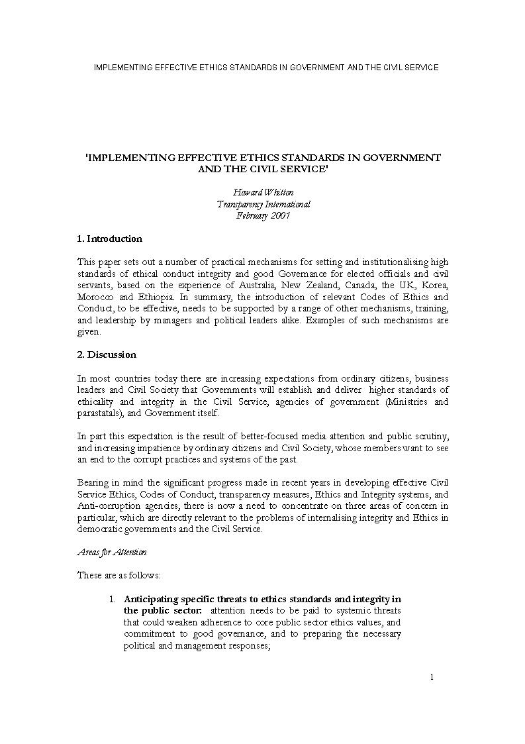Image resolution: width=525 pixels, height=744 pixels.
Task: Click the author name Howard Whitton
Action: [x=263, y=192]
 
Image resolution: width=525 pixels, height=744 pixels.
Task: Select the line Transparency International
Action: [x=263, y=204]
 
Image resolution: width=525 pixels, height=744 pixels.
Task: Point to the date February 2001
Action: [x=263, y=215]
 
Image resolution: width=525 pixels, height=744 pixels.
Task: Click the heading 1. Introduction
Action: [x=110, y=239]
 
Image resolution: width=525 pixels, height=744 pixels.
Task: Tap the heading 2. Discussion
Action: [x=107, y=354]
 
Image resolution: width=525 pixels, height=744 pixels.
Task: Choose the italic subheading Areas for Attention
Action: [x=112, y=552]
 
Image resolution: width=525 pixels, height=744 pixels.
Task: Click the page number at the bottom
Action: [x=432, y=676]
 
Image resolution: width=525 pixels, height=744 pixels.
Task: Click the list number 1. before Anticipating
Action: [x=113, y=599]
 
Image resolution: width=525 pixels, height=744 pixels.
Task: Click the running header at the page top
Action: [x=266, y=68]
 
